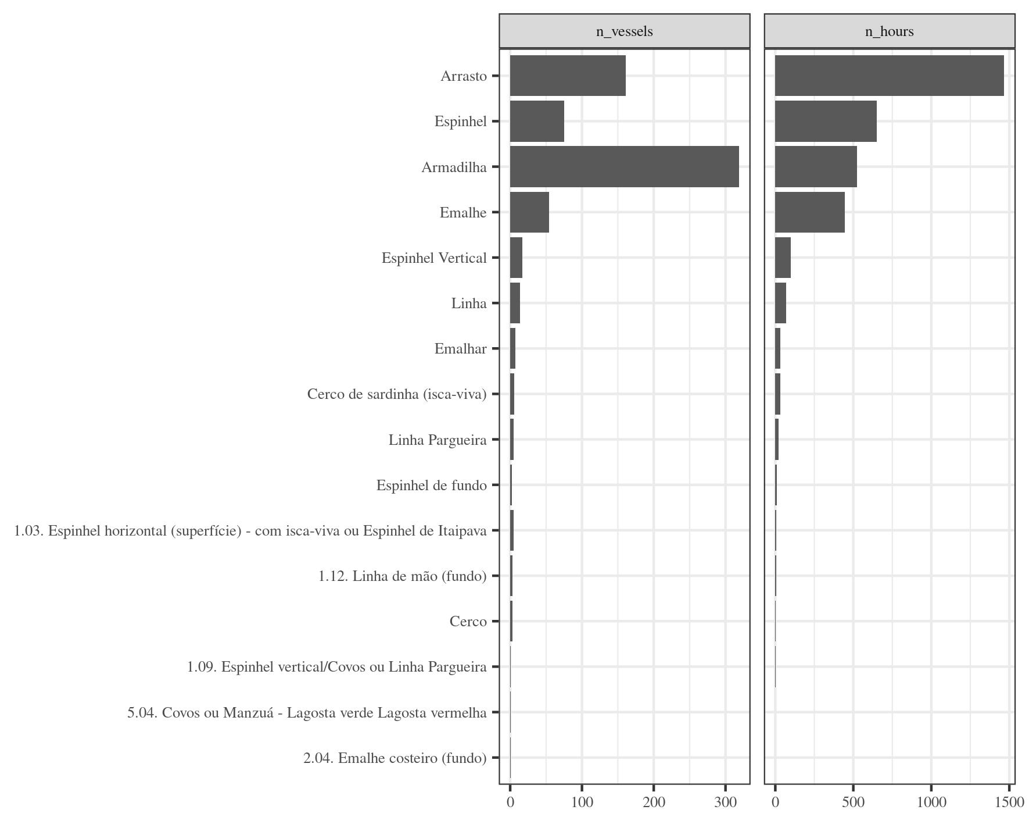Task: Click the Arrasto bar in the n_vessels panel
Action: tap(568, 76)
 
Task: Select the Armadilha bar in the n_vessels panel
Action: tap(624, 167)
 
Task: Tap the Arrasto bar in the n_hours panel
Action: tap(889, 76)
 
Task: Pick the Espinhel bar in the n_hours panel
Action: tap(826, 121)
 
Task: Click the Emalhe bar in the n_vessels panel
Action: tap(529, 212)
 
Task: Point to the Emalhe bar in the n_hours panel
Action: tap(809, 212)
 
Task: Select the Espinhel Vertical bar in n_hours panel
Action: tap(783, 258)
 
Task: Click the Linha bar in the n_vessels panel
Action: tap(515, 303)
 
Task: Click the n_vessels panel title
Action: tap(624, 31)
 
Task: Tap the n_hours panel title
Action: tap(889, 31)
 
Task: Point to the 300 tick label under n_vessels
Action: tap(725, 802)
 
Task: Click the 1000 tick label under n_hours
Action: tap(931, 802)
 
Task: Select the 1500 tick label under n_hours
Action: tap(1009, 802)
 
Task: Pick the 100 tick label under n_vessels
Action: tap(582, 802)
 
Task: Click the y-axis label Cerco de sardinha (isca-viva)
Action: tap(397, 394)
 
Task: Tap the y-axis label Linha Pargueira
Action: tap(438, 440)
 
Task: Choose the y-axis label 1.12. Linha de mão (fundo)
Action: tap(402, 576)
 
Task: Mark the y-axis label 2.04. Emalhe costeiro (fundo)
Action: tap(395, 758)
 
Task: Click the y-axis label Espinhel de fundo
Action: tap(431, 486)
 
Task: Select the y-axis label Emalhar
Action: tap(460, 349)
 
